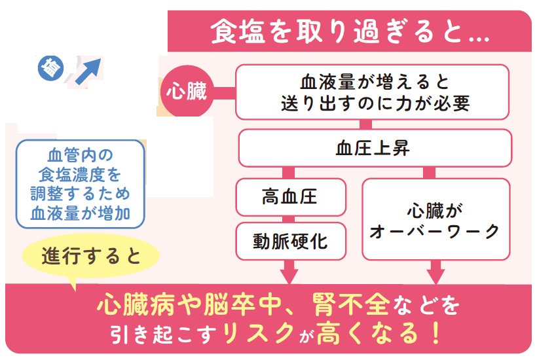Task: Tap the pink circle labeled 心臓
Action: [185, 92]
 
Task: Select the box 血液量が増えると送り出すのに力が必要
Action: [371, 92]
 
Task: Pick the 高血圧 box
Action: [289, 196]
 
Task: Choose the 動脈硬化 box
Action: [289, 242]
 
